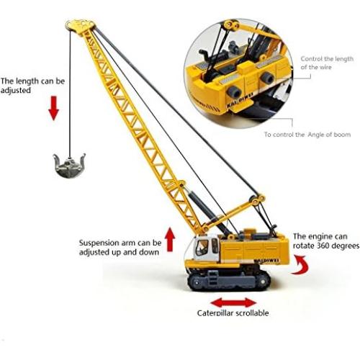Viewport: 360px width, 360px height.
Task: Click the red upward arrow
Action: click(x=170, y=239)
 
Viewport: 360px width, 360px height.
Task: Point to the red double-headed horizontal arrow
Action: click(x=233, y=302)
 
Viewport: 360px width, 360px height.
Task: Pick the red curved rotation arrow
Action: click(x=305, y=268)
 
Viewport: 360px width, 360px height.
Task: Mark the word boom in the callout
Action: click(x=343, y=135)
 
